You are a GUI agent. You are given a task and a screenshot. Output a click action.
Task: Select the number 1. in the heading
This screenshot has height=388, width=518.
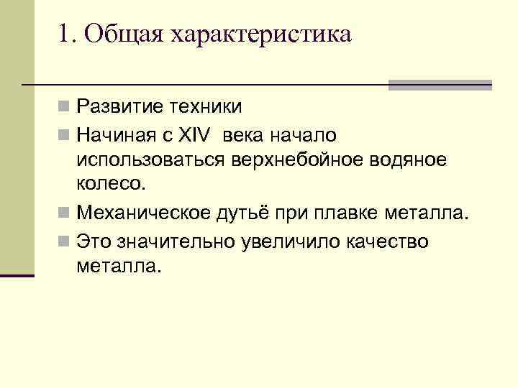[x=68, y=34]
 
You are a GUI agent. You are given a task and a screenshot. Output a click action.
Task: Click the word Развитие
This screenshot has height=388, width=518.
[x=118, y=108]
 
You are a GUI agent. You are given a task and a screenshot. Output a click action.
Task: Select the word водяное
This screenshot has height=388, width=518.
[x=407, y=160]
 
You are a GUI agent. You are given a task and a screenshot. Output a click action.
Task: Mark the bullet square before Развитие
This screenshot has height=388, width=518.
[x=65, y=108]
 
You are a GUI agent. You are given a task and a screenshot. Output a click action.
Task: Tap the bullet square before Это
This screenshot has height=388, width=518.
[x=65, y=241]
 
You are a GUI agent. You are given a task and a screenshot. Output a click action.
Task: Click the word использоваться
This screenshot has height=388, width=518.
[x=150, y=160]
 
